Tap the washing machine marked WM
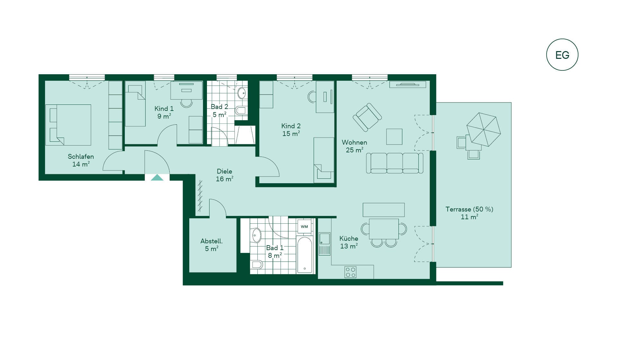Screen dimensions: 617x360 point(304,227)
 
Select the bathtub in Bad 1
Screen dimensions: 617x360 point(304,255)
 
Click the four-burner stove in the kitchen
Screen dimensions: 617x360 point(350,272)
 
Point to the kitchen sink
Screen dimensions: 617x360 point(325,244)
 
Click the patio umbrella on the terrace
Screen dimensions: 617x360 point(484,129)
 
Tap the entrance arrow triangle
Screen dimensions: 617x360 point(157,177)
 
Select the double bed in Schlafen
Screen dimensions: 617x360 point(68,125)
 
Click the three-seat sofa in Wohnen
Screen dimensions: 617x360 point(395,163)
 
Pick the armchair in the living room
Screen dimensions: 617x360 point(367,117)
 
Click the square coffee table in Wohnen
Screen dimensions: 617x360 point(394,137)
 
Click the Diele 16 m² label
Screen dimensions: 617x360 point(224,175)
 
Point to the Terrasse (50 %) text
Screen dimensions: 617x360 point(469,209)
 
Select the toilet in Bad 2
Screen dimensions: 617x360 point(241,111)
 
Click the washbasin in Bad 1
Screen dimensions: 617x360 point(256,235)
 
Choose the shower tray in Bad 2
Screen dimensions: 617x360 point(245,135)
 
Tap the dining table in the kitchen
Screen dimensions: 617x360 point(384,229)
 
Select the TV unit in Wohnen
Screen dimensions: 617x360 point(408,85)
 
